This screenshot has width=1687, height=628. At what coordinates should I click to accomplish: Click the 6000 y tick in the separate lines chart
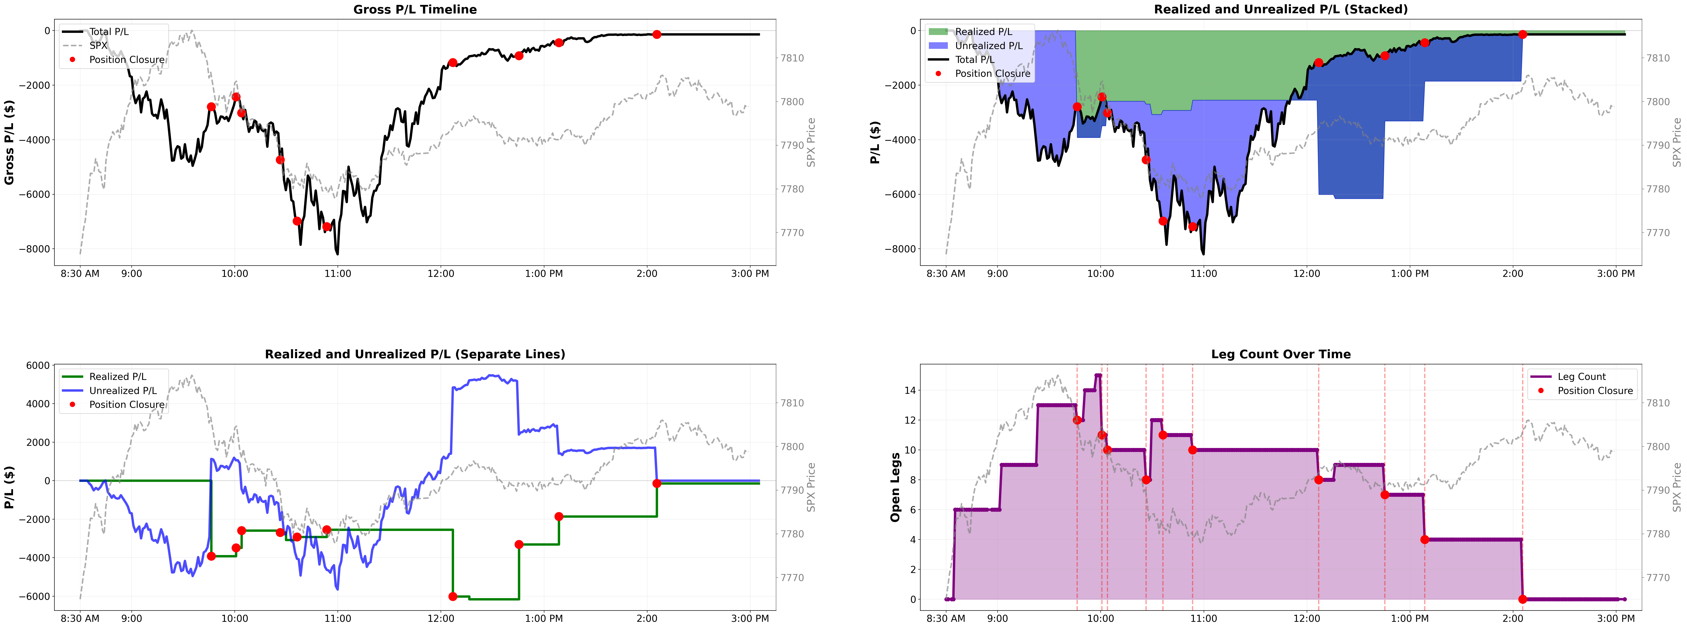(38, 365)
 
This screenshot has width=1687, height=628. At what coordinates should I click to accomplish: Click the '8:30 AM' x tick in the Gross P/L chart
(80, 274)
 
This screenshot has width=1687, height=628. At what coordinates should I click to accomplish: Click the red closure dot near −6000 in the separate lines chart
(453, 597)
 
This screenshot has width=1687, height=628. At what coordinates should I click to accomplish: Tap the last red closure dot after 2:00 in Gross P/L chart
(657, 34)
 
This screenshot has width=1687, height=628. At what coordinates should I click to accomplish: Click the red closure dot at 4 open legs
(1424, 540)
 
